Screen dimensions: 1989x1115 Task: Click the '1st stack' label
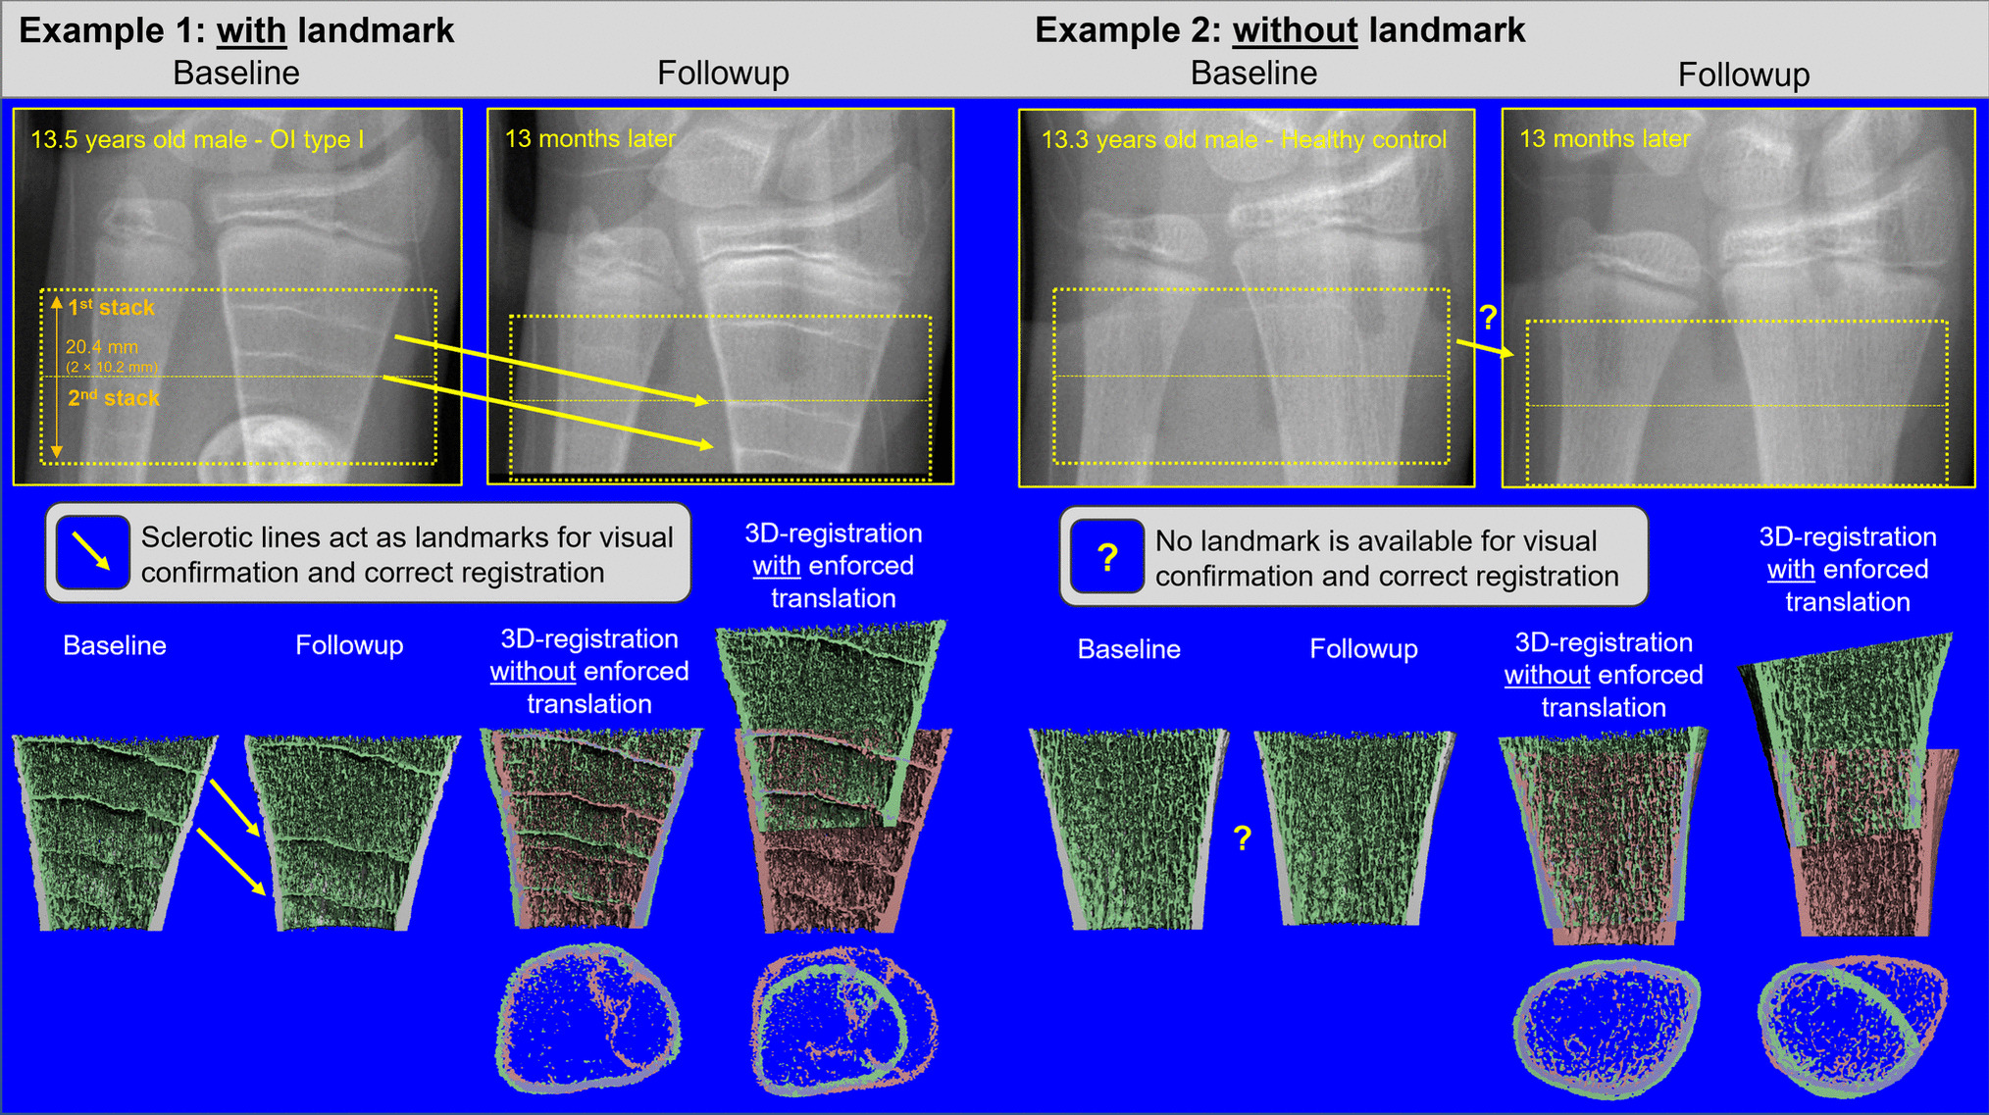point(111,308)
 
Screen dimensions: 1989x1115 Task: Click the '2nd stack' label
point(113,398)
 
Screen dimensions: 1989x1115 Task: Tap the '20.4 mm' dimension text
point(102,346)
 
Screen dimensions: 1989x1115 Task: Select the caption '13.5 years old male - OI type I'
point(197,139)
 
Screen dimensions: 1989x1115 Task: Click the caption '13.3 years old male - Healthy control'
point(1244,139)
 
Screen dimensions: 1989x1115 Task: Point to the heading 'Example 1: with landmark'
point(236,30)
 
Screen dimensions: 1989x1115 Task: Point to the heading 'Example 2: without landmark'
point(1280,30)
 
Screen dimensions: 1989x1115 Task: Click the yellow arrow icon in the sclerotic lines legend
point(92,553)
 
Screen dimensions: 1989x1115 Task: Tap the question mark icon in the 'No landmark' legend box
point(1107,557)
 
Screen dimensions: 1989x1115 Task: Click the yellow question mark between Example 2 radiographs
point(1488,317)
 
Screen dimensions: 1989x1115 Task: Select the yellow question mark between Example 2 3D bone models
point(1243,837)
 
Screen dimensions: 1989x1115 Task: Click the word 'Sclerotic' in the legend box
point(201,537)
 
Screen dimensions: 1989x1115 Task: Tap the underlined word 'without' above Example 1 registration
point(533,672)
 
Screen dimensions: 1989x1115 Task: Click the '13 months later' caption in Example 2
point(1605,139)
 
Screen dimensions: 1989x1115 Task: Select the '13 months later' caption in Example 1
point(590,139)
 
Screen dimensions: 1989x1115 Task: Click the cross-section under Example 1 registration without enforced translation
point(588,1018)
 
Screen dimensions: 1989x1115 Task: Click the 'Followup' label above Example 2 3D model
point(1363,649)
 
